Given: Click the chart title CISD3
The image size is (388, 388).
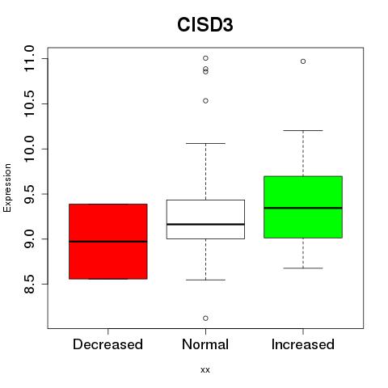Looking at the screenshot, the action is point(205,25).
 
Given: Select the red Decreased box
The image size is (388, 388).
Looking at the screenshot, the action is point(108,242).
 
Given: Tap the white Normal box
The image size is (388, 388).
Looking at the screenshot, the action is point(205,219).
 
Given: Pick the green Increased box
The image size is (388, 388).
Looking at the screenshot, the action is point(303,207).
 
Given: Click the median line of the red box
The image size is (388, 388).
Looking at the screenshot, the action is point(108,242).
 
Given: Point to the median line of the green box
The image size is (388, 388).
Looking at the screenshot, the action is point(303,208).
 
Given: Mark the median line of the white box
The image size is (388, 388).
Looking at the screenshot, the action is point(205,224).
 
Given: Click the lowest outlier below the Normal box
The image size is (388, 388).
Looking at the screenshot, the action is point(205,318).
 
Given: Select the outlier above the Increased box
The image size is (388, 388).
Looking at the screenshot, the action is point(303,61).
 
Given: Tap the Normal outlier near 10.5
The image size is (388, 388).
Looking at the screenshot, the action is point(205,101).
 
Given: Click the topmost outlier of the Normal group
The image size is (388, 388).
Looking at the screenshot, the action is point(205,58).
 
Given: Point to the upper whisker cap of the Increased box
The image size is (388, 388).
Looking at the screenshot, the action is point(303,130).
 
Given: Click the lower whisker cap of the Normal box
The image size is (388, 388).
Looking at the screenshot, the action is point(205,280).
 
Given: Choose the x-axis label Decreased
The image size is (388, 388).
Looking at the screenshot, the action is point(108,344).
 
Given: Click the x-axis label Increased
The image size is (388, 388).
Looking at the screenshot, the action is point(303,344).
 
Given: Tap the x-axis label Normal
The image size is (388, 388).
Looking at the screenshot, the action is point(205,344).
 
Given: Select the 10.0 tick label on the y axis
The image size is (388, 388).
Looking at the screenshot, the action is point(29,149).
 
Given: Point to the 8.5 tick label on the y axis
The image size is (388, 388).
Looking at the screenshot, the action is point(29,284).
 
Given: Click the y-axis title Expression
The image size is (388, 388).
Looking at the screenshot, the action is point(7,188).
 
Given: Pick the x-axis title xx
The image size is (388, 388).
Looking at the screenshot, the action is point(205,370).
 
